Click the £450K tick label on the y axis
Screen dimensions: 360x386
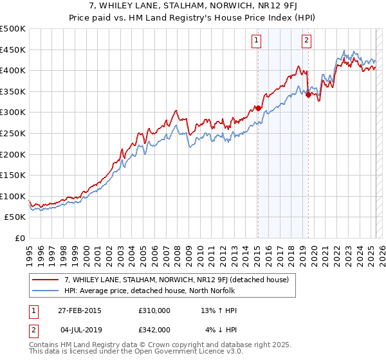[x=13, y=50]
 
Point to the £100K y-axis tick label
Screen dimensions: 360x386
[x=13, y=196]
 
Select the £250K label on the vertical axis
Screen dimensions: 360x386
[x=13, y=133]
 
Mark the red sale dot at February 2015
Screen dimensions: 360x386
[x=258, y=108]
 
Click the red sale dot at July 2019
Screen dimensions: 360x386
[x=308, y=94]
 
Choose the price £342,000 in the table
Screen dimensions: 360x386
[x=154, y=329]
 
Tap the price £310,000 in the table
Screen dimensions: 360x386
[x=154, y=310]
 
